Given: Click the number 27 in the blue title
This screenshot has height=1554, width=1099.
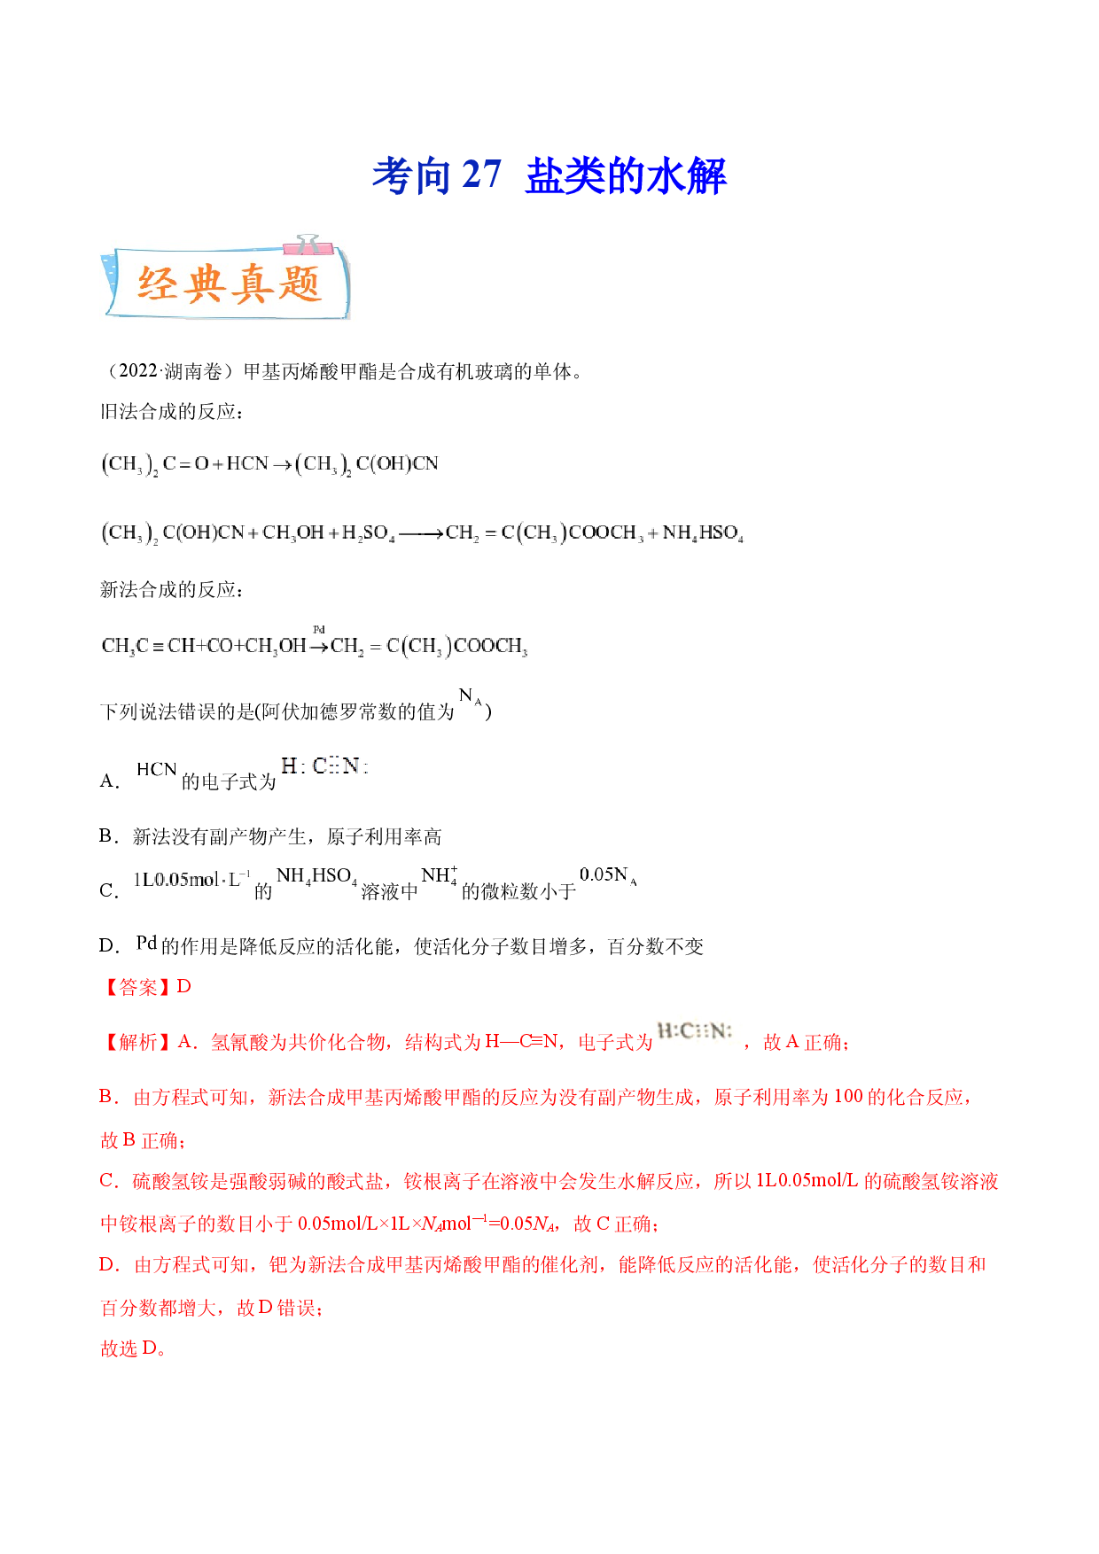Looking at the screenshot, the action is pyautogui.click(x=481, y=175).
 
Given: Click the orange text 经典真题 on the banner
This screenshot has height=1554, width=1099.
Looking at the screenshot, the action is pyautogui.click(x=229, y=284).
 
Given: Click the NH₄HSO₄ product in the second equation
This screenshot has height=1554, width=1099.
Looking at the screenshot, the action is pyautogui.click(x=703, y=533).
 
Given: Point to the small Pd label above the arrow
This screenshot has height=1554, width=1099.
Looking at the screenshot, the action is pyautogui.click(x=319, y=629).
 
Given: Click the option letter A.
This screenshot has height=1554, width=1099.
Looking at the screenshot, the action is pyautogui.click(x=109, y=781).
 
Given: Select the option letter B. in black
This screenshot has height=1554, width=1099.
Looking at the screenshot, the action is pyautogui.click(x=109, y=836).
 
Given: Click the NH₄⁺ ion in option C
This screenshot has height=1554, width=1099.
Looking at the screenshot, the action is pyautogui.click(x=440, y=875).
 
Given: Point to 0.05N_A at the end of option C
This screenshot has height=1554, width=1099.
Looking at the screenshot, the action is pyautogui.click(x=608, y=875).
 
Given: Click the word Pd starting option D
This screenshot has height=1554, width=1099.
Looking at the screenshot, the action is pyautogui.click(x=147, y=944).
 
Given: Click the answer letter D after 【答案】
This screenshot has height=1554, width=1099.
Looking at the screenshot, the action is pyautogui.click(x=184, y=987).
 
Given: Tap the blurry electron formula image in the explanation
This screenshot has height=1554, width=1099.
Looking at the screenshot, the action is pyautogui.click(x=696, y=1031).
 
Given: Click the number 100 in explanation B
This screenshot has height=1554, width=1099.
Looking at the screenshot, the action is pyautogui.click(x=848, y=1097).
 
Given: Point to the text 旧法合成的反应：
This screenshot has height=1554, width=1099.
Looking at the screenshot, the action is pyautogui.click(x=172, y=412).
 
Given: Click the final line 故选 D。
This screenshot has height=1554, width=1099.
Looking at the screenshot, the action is pyautogui.click(x=133, y=1348).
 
